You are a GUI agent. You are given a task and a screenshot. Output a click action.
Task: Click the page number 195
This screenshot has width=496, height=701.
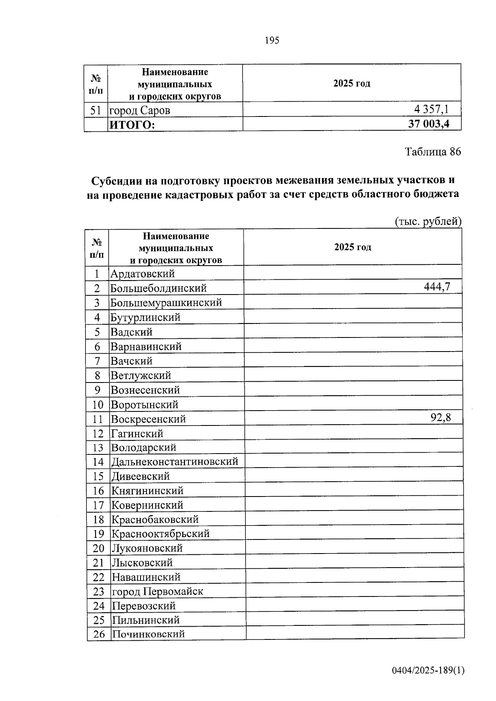[x=272, y=40]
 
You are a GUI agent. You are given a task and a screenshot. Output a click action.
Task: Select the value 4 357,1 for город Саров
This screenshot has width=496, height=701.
[x=431, y=109]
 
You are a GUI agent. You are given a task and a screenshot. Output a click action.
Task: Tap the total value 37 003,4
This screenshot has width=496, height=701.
[x=429, y=124]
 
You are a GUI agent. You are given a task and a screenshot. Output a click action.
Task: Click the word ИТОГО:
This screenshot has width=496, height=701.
[x=132, y=125]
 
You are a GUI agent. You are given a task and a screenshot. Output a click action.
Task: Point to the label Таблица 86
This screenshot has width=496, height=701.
[x=432, y=152]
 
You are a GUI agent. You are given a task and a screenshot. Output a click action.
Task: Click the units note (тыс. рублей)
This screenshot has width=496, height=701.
[x=428, y=221]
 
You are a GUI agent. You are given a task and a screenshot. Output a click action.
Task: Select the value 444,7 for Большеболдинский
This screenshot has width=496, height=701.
[x=437, y=286]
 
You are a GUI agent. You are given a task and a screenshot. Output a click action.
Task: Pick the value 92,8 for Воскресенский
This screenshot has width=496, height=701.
[x=441, y=417]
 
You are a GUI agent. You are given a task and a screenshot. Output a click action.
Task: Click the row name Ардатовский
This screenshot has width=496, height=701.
[x=143, y=273]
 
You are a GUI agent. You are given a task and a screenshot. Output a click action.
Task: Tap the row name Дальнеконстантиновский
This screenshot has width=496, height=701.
[x=175, y=461]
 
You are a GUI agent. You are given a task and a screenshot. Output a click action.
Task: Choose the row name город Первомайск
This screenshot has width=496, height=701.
[x=157, y=591]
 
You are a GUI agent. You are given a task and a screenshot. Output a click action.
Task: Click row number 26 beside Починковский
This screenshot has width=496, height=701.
[x=99, y=634]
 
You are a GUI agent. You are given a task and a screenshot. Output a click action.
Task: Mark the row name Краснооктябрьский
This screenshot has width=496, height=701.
[x=161, y=533]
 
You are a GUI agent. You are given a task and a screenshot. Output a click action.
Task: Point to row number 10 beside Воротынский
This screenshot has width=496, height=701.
[x=98, y=404]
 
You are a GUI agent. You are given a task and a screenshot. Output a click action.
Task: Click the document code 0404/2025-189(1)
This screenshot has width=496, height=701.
[x=428, y=670]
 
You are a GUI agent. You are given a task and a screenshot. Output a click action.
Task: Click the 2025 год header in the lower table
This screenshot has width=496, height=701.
[x=353, y=247]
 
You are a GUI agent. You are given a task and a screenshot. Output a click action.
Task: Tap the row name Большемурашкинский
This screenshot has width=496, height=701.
[x=166, y=302]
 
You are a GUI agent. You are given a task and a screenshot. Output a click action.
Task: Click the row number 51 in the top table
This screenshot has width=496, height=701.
[x=96, y=110]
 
